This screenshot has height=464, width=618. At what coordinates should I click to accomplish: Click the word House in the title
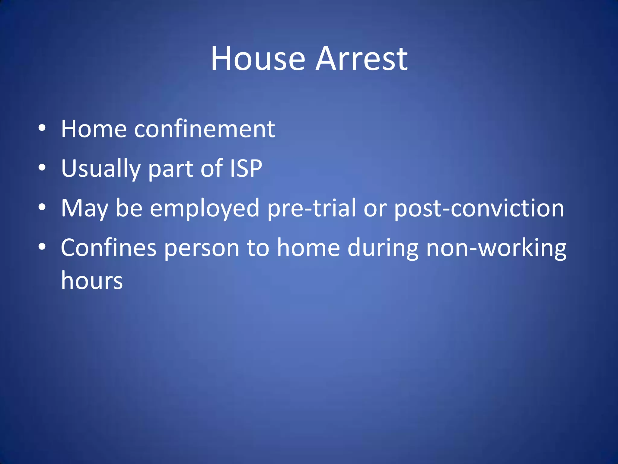(x=258, y=59)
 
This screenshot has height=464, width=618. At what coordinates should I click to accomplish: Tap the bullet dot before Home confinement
(x=42, y=128)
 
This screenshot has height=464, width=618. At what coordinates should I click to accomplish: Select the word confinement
(x=205, y=129)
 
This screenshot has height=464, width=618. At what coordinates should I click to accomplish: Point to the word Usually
(x=101, y=168)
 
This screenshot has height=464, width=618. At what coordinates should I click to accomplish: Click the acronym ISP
(x=246, y=168)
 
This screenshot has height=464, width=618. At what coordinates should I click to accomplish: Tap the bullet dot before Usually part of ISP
(x=42, y=167)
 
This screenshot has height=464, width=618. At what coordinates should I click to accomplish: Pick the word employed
(x=205, y=208)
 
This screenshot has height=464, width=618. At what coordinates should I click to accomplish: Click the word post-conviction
(x=479, y=208)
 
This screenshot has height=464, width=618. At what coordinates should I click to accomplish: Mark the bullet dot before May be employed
(x=42, y=207)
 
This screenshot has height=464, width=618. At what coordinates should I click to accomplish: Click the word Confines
(x=109, y=248)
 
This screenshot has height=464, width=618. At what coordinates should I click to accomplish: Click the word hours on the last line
(x=92, y=280)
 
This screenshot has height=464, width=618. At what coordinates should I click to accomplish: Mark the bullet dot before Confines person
(x=42, y=246)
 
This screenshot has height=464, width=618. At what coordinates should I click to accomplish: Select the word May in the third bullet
(x=84, y=208)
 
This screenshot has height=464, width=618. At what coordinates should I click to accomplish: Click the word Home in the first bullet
(x=94, y=129)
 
